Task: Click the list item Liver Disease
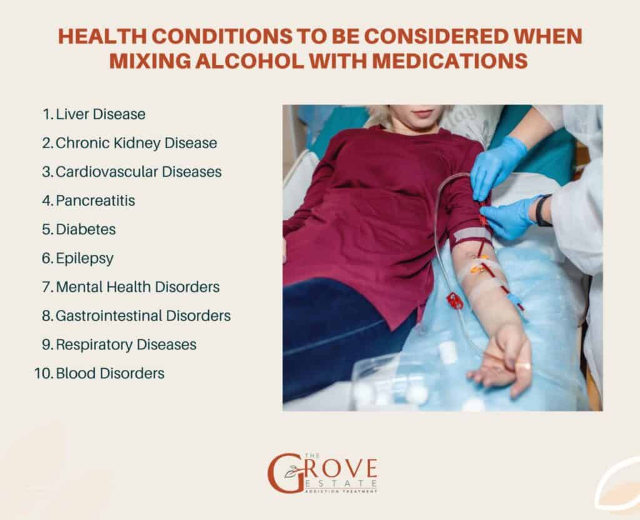[x=101, y=114]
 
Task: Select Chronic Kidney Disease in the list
[x=136, y=143]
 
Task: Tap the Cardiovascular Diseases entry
[x=138, y=171]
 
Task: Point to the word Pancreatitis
[x=95, y=201]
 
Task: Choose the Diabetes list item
[x=86, y=229]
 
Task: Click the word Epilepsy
[x=84, y=258]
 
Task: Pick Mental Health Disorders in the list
[x=137, y=286]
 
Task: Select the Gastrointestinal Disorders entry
[x=143, y=316]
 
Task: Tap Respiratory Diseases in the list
[x=126, y=344]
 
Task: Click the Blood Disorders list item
[x=110, y=373]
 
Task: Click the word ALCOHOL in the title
[x=249, y=61]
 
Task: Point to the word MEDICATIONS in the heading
[x=450, y=61]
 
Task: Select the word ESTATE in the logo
[x=340, y=484]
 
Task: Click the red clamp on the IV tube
[x=454, y=301]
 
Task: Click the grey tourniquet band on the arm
[x=472, y=236]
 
